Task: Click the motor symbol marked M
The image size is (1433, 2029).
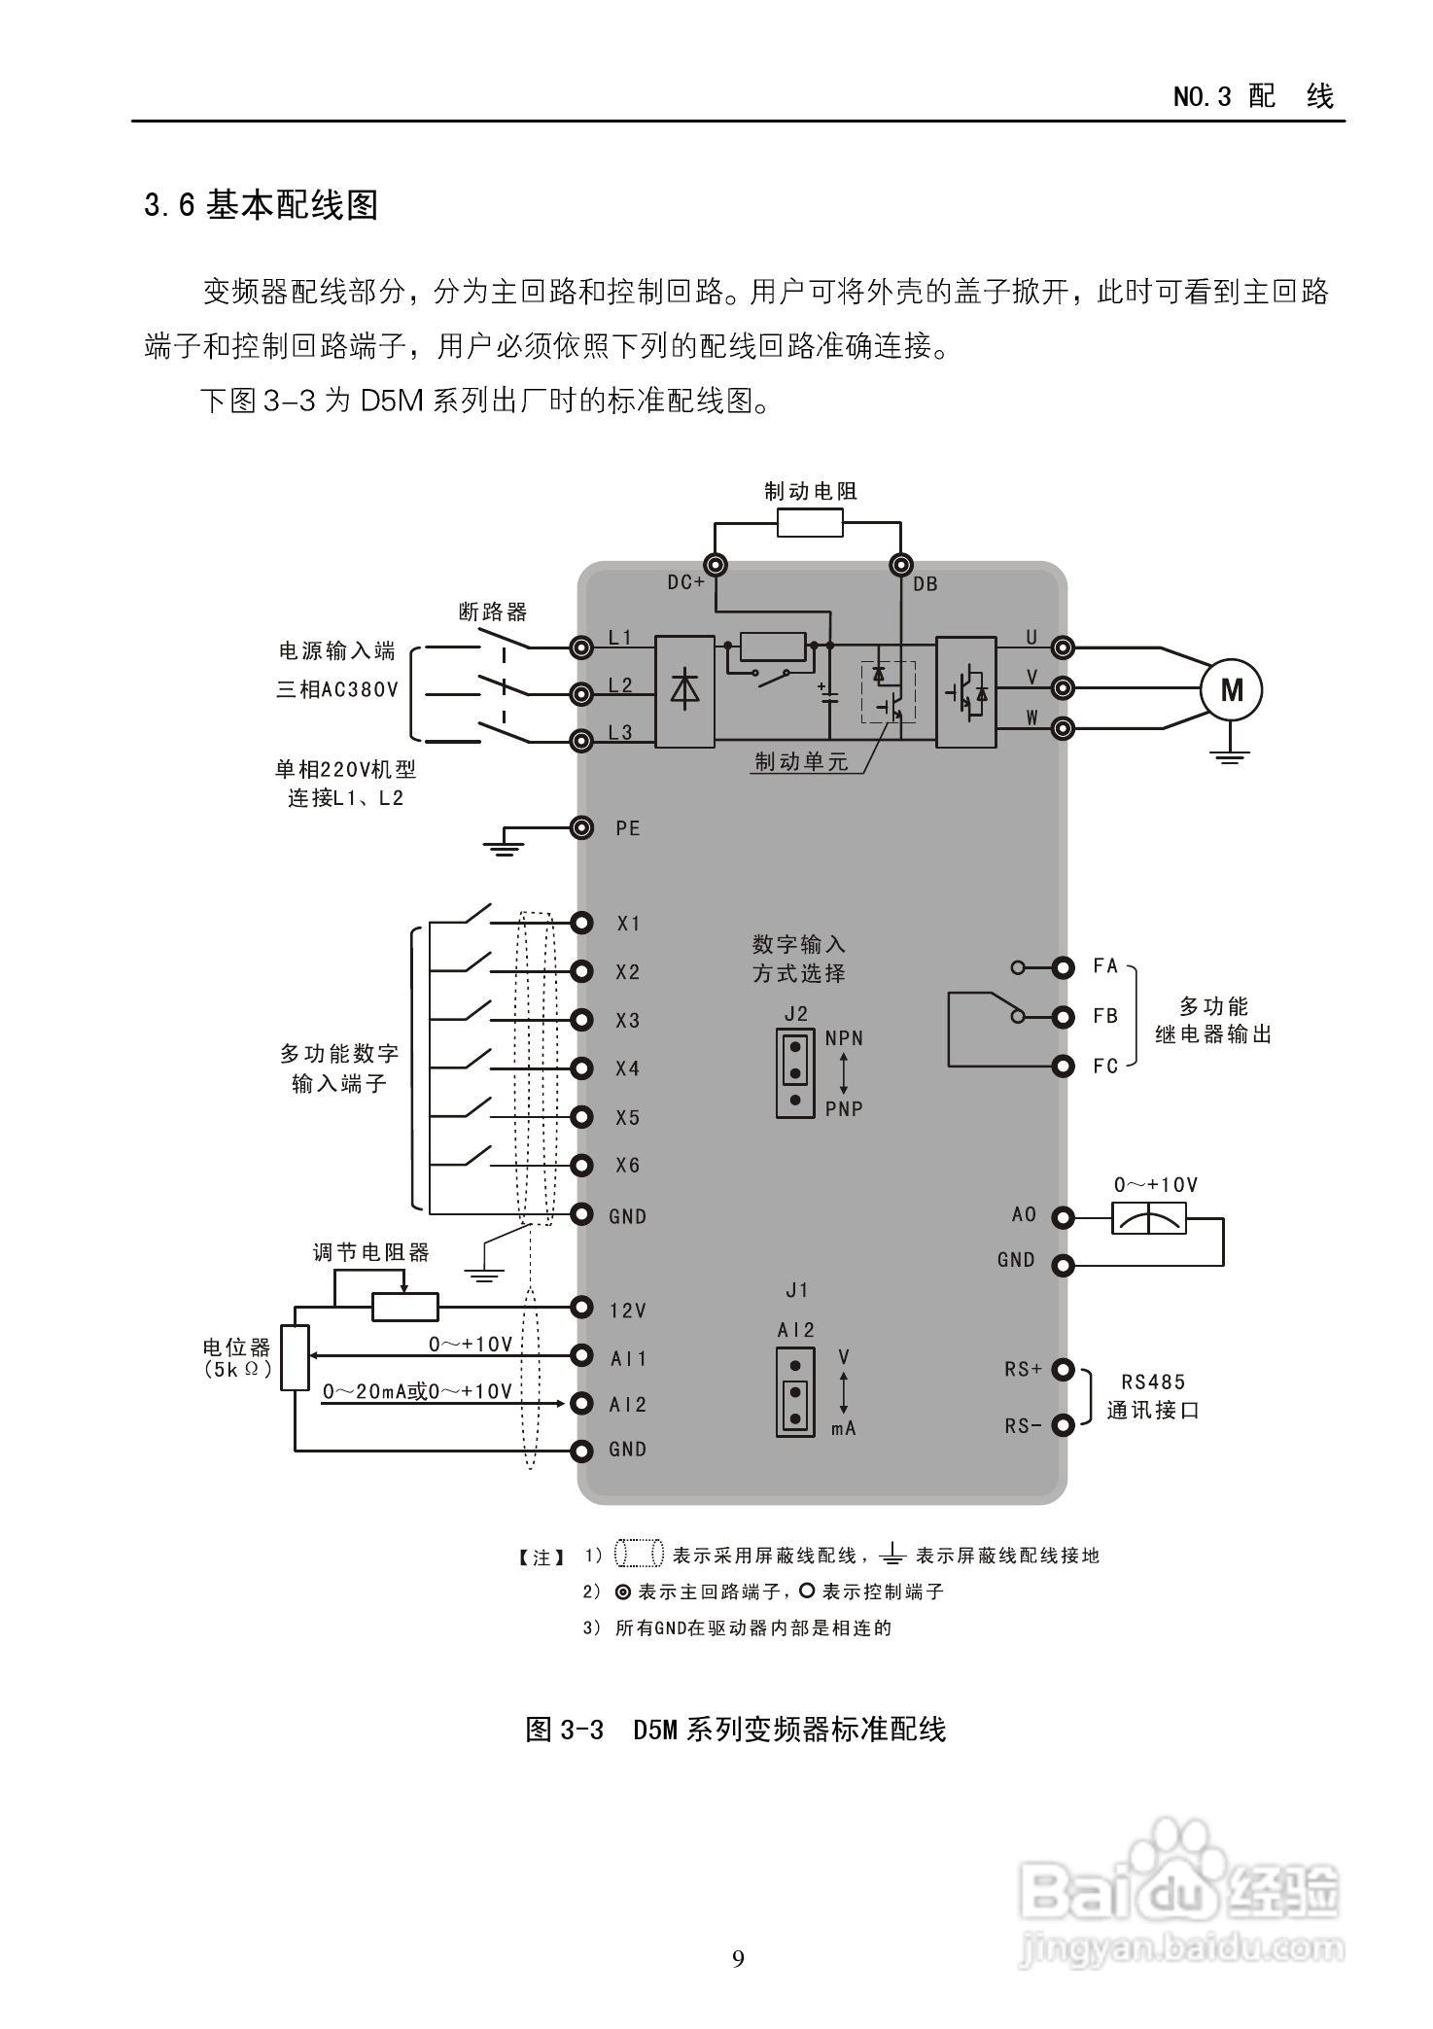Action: [x=1231, y=689]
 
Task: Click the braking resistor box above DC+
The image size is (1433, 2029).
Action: [x=810, y=526]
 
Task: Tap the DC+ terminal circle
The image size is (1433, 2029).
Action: [x=716, y=565]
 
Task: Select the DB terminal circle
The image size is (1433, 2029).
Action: [x=901, y=565]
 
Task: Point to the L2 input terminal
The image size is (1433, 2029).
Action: [x=581, y=693]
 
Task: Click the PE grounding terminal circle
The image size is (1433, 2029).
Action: [x=581, y=827]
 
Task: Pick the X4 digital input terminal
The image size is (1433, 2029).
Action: [x=581, y=1068]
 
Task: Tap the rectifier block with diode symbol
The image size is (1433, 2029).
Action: [x=685, y=691]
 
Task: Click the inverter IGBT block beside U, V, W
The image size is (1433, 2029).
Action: [x=966, y=691]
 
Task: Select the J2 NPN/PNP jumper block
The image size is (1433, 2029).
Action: [x=795, y=1073]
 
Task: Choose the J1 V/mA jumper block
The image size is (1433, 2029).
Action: [x=795, y=1391]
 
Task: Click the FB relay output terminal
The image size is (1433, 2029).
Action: [x=1064, y=1017]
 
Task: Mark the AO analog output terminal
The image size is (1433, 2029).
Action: [x=1064, y=1217]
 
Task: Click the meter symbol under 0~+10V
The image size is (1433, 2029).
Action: [x=1149, y=1218]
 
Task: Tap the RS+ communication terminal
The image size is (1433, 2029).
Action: [x=1064, y=1371]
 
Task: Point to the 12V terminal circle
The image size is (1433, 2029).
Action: [x=581, y=1308]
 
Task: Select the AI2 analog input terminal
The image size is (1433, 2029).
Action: [x=581, y=1403]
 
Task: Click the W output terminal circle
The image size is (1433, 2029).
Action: [x=1064, y=727]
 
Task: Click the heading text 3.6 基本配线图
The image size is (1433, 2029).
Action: [x=261, y=205]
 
